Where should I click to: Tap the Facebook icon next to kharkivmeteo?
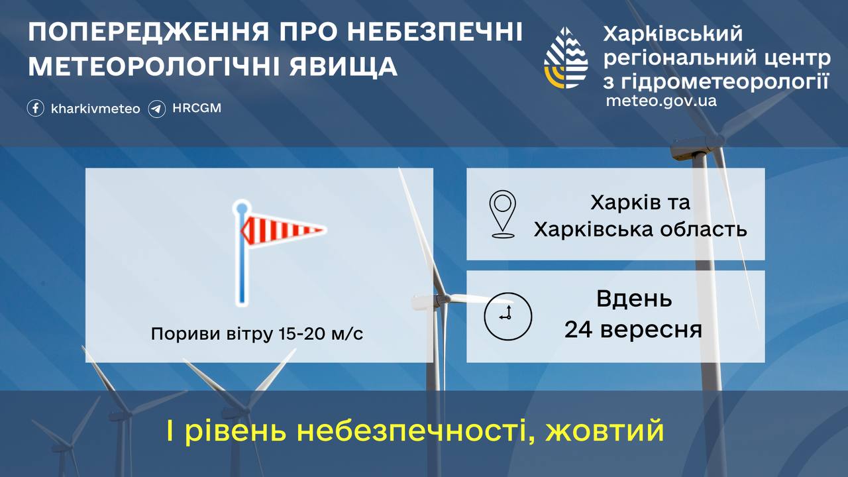[36, 108]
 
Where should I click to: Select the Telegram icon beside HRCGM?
[157, 108]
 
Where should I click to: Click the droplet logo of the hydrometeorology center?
[566, 58]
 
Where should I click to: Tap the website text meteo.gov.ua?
[661, 101]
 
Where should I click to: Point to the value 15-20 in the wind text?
[300, 334]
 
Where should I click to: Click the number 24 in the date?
[578, 329]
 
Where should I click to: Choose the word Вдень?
[634, 299]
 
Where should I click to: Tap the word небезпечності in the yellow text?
[415, 431]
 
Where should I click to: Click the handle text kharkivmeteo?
[95, 109]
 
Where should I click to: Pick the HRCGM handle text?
[196, 108]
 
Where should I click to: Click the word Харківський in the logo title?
[674, 33]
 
